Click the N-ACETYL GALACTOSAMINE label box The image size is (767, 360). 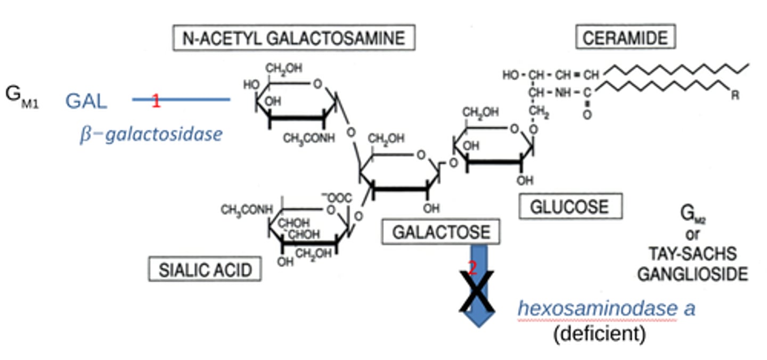coord(293,38)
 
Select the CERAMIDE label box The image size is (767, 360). coord(625,38)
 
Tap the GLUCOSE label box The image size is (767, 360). coord(570,207)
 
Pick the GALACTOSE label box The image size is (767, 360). coord(440,232)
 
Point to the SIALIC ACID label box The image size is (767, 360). coord(205,269)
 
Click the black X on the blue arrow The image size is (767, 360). coord(477,291)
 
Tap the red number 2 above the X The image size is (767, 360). coord(472,268)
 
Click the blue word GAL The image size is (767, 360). coord(86,101)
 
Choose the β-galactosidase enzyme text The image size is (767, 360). coord(151,134)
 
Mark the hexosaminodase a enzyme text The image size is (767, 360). coord(607,308)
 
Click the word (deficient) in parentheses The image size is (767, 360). coord(599,334)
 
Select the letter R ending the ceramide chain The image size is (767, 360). coord(735,96)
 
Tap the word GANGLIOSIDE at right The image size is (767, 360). coord(692,274)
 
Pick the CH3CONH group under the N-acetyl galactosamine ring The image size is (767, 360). coord(309,138)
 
